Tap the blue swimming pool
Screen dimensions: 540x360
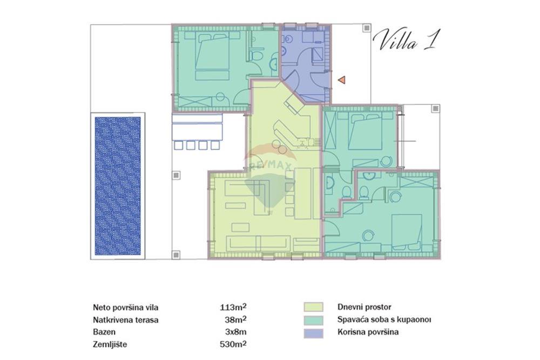click(117, 186)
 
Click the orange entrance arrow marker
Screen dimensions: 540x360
click(342, 80)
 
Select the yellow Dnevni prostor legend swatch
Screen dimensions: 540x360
click(313, 307)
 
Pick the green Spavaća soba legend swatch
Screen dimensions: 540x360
click(313, 320)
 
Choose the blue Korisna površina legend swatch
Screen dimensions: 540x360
click(313, 333)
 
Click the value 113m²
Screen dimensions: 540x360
click(233, 307)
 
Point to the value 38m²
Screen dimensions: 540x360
click(235, 320)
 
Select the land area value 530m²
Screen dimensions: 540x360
click(233, 344)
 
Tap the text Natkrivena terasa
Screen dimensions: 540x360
click(126, 320)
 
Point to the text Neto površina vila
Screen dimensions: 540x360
click(126, 307)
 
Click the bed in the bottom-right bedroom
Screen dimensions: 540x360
click(407, 233)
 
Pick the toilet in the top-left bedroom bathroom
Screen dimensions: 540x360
click(256, 56)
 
